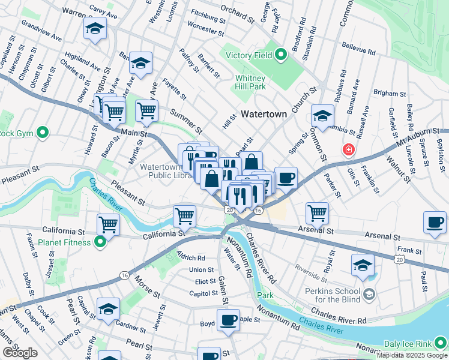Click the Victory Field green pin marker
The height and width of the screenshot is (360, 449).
tap(280, 56)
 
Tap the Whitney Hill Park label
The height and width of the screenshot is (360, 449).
tap(250, 82)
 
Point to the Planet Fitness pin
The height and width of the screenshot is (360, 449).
tap(100, 242)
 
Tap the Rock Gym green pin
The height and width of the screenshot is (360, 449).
tap(42, 133)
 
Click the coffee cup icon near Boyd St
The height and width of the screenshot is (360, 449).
tap(228, 320)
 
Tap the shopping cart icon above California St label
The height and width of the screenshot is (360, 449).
tap(109, 224)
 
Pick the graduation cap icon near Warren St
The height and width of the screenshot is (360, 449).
tap(95, 29)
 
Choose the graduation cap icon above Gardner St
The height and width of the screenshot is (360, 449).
tap(108, 308)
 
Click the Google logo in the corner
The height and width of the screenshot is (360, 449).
tap(20, 353)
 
